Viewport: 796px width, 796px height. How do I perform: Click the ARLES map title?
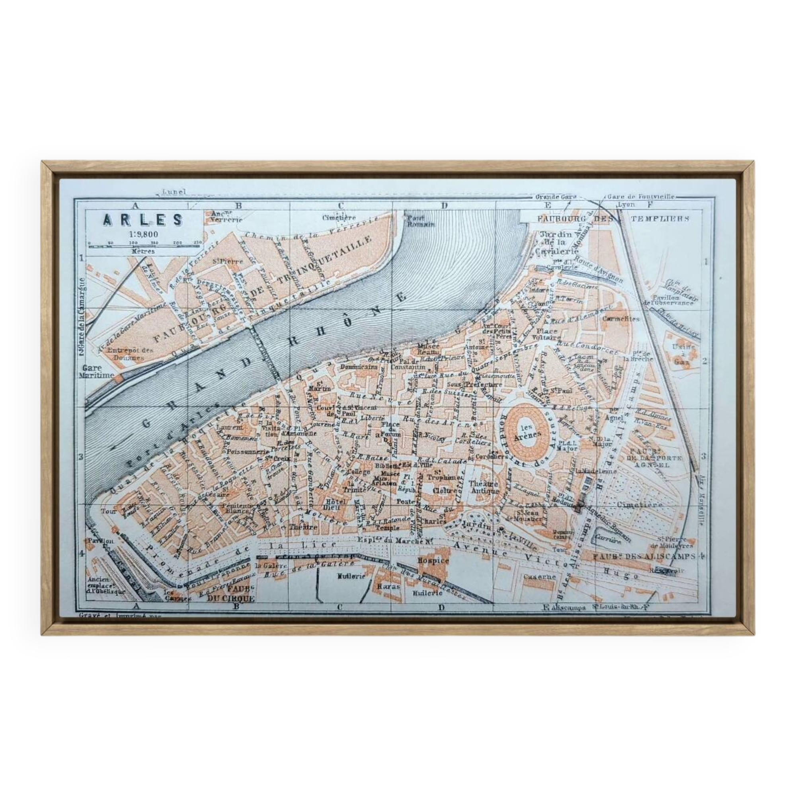[x=142, y=220]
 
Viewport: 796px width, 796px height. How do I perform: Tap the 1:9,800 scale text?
[x=143, y=234]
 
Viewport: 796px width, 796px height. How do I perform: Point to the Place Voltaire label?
[x=546, y=334]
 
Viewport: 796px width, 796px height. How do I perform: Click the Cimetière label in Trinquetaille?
[x=339, y=217]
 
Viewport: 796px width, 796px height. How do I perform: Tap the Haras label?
[x=389, y=586]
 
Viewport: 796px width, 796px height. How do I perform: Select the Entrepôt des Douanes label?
[x=124, y=353]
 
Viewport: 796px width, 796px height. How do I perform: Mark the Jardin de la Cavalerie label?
[x=557, y=243]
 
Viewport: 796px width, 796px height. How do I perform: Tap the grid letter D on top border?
[x=444, y=206]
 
